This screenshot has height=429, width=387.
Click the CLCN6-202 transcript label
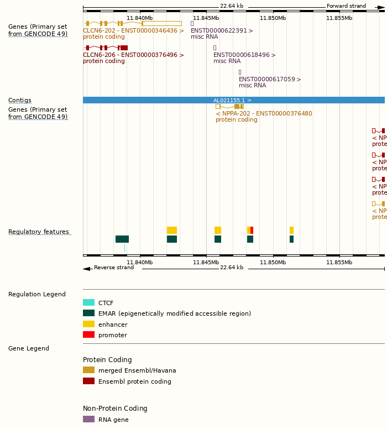tap(133, 31)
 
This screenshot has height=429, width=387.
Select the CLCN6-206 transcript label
tap(133, 55)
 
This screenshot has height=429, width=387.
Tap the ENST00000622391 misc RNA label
tap(222, 31)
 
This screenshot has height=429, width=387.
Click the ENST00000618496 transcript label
tap(244, 55)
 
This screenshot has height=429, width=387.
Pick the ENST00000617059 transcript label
tap(270, 80)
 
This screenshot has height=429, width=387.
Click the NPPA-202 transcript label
tap(264, 114)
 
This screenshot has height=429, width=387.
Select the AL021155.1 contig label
tap(232, 101)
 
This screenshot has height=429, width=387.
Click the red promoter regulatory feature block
tap(252, 230)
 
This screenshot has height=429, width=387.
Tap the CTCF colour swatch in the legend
tap(88, 303)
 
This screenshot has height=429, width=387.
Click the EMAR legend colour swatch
tap(88, 313)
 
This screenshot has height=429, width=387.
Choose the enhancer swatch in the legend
tap(88, 325)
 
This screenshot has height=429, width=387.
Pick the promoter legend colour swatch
tap(88, 335)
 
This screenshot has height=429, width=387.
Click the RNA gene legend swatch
tap(88, 420)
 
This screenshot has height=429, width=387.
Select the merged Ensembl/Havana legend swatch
tap(88, 370)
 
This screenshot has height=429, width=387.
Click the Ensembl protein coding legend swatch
tap(88, 381)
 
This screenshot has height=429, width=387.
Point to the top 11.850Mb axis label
tap(273, 18)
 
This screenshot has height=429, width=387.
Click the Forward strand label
tap(346, 6)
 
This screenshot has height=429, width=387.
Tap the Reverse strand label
tap(114, 268)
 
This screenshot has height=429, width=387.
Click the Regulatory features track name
tap(39, 232)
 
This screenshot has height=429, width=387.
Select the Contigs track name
tap(20, 101)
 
